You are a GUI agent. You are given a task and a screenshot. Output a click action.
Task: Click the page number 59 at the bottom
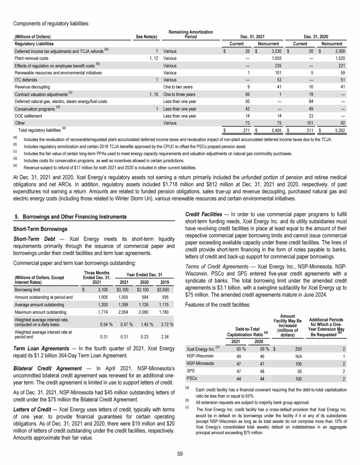pyautogui.click(x=180, y=453)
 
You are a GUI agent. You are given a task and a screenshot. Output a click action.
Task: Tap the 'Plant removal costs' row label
pyautogui.click(x=31, y=59)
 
